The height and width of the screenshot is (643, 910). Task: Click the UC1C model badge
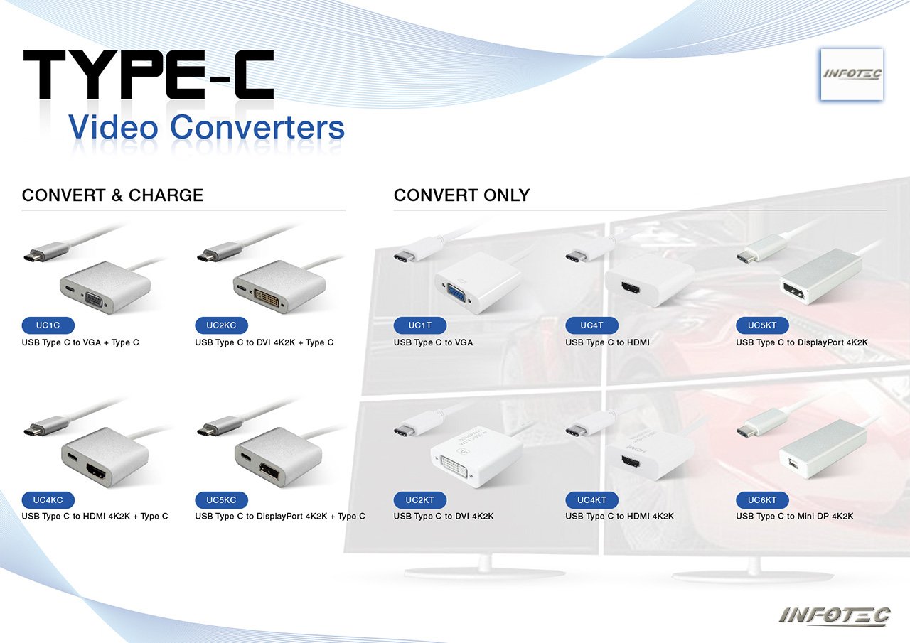[48, 325]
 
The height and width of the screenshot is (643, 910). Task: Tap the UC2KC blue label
[221, 325]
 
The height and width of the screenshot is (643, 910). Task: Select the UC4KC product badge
[48, 500]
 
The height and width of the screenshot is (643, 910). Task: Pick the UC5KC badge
[221, 500]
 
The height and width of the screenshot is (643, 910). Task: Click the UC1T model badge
[420, 325]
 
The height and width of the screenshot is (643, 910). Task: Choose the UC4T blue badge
[592, 325]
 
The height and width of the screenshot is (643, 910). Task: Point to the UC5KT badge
[763, 325]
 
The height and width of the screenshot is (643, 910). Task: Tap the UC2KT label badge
[420, 500]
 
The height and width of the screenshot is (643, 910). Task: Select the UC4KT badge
[592, 500]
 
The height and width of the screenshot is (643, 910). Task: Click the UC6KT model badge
[763, 500]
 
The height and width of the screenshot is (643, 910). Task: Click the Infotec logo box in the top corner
[852, 75]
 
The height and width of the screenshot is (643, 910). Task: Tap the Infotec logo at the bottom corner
[835, 616]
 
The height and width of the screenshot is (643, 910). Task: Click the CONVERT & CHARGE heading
[112, 195]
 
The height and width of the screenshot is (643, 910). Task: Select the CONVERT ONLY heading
[462, 195]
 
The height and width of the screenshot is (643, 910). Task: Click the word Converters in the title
[257, 127]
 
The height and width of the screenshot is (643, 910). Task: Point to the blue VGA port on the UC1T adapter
[456, 295]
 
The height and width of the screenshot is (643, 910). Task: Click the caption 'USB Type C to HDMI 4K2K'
[619, 516]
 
